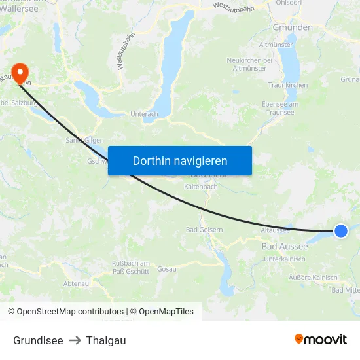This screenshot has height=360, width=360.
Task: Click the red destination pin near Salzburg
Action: (20, 73)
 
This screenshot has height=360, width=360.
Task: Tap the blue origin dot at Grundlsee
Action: (340, 230)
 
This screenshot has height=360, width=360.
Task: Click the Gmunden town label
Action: (293, 27)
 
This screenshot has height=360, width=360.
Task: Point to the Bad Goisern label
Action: (204, 230)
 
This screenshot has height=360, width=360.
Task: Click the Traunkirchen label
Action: (287, 86)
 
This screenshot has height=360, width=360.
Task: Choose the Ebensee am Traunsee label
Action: (279, 108)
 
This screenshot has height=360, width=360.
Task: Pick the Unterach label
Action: (145, 114)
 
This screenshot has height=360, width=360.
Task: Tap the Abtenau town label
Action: (76, 283)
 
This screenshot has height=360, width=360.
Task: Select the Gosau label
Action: (167, 269)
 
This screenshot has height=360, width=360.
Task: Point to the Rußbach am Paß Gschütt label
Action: (131, 267)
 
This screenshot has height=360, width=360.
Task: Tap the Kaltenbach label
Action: (201, 187)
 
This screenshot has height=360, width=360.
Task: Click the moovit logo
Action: (321, 340)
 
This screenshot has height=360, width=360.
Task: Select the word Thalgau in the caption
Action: (106, 340)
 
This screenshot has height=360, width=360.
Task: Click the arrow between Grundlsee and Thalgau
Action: (75, 340)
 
